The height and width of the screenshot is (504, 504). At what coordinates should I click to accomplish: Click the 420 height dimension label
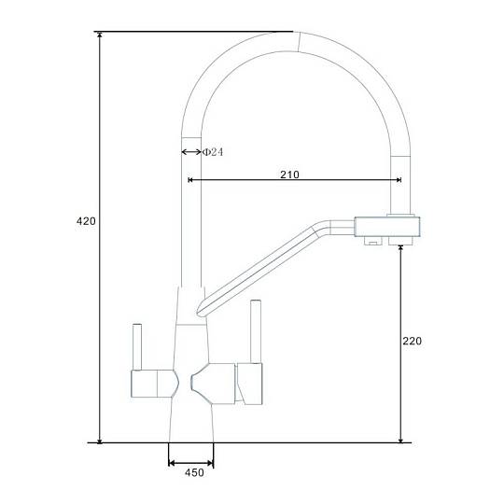click(x=86, y=221)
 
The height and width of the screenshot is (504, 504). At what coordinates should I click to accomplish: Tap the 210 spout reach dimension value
click(x=289, y=175)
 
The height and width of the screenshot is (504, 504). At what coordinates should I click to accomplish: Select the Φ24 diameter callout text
click(x=213, y=152)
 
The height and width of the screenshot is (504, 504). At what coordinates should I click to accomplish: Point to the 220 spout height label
click(x=413, y=341)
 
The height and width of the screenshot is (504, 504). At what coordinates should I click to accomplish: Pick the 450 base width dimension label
click(x=194, y=472)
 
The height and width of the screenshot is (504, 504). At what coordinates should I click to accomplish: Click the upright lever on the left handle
click(x=137, y=347)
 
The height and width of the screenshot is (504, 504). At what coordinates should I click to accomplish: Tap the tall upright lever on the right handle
click(x=256, y=331)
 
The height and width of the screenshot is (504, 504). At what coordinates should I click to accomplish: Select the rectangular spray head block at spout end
click(x=387, y=227)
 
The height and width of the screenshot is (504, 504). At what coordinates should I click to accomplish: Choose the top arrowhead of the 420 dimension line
click(x=100, y=35)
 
